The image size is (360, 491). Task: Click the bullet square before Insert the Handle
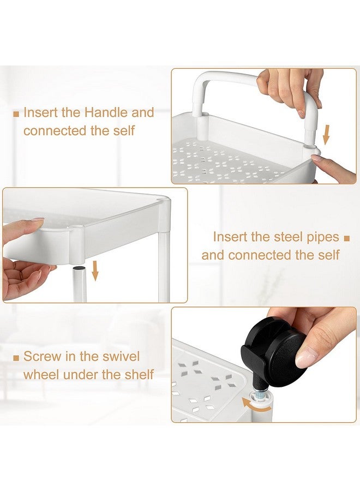tap(16, 113)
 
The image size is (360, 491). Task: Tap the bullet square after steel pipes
tap(346, 238)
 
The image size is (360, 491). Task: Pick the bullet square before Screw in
tap(16, 358)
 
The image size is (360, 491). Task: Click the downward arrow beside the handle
tap(327, 135)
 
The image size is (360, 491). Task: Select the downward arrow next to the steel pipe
tap(95, 271)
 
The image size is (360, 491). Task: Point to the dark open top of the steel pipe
tap(80, 268)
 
